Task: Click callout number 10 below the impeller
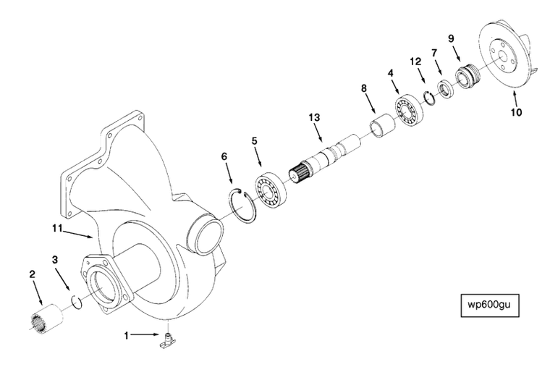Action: click(x=516, y=111)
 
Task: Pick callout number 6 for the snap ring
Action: click(x=224, y=156)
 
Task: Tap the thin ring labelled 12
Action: click(x=428, y=98)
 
